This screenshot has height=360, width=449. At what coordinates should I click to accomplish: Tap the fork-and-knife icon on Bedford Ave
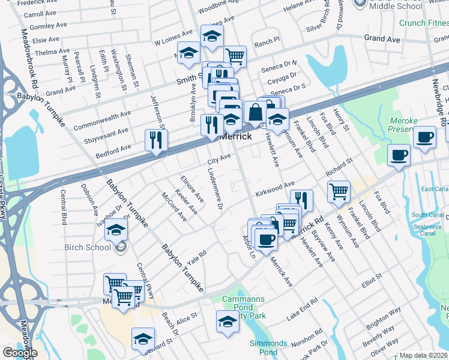click(155, 140)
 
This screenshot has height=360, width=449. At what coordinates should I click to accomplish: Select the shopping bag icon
click(255, 112)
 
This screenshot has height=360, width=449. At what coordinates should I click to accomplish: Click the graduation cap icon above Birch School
click(116, 229)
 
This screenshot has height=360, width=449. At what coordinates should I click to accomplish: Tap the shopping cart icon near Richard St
click(339, 191)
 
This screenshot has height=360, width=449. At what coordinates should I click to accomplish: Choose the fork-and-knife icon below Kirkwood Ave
click(301, 200)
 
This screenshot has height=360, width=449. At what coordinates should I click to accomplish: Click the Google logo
click(20, 353)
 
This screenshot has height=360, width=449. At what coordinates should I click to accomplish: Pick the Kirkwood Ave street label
click(275, 188)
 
